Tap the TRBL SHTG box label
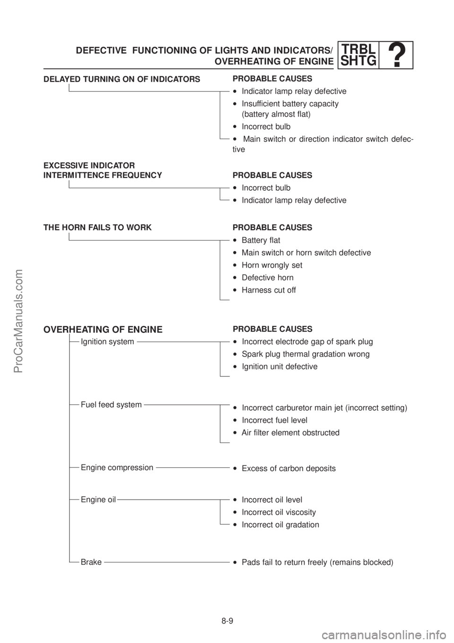pos(359,55)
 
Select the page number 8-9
pos(227,621)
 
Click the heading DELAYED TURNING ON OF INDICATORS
pos(122,79)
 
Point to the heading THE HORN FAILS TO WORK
pos(97,228)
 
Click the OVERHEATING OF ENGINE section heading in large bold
pos(103,330)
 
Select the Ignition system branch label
pos(107,342)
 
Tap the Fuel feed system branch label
pos(111,405)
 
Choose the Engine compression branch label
pos(117,468)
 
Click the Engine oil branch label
pos(98,500)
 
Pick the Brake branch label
pos(91,562)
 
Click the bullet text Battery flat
pos(256,240)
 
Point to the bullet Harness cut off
pos(264,290)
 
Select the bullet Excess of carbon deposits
pos(284,468)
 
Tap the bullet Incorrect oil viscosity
pos(275,512)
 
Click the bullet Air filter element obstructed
pos(286,433)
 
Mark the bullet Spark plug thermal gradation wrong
pos(301,354)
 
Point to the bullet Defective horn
pos(263,277)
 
